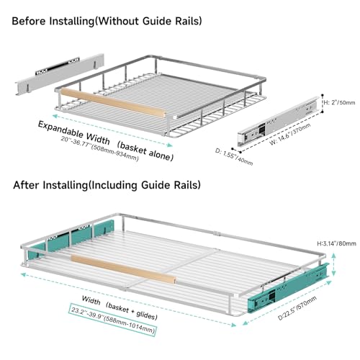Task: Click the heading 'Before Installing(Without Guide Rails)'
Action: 107,21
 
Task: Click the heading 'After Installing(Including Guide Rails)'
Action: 107,185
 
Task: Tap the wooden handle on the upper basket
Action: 113,103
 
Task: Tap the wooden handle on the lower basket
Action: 123,269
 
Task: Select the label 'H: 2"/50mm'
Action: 339,102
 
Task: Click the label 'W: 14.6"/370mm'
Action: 290,134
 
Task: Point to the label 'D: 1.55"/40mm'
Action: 234,157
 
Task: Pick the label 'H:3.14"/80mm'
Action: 336,243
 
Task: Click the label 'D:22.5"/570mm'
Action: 297,308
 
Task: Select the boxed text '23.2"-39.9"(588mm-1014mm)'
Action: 113,320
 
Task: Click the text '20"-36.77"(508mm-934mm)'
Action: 99,149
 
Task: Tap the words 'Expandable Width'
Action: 74,132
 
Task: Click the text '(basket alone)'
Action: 145,151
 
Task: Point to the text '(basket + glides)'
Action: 132,311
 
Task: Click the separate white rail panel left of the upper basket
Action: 60,74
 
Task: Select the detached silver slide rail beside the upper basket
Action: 279,122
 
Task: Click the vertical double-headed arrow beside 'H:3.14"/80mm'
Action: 333,265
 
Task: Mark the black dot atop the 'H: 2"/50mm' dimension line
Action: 323,95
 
